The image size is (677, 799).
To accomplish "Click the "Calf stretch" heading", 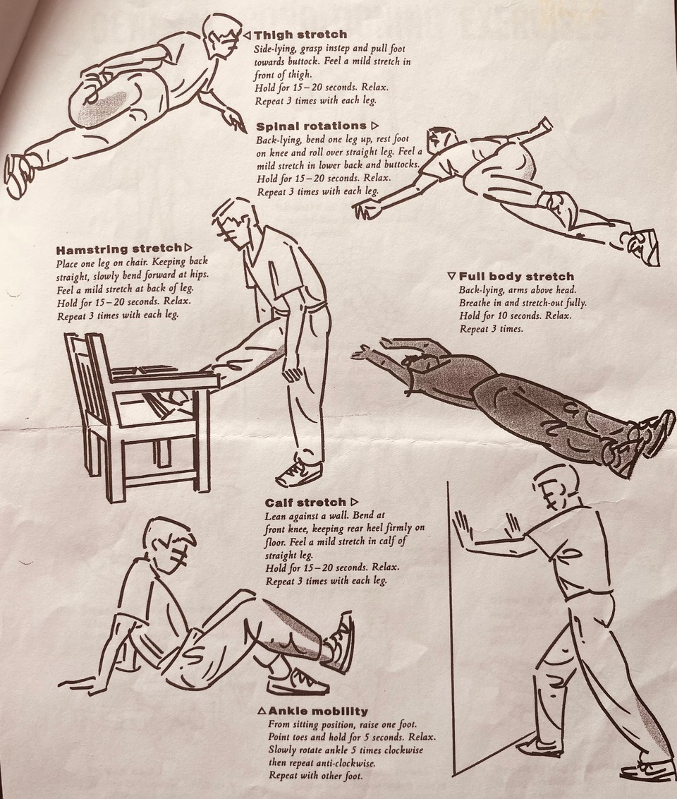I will (305, 503).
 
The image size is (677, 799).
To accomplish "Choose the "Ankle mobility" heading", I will (318, 711).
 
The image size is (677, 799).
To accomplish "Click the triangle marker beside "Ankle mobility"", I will (262, 711).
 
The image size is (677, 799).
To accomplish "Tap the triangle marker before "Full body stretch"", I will (452, 276).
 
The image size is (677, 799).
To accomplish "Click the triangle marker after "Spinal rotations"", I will (374, 126).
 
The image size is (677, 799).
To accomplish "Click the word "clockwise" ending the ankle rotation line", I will (400, 750).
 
